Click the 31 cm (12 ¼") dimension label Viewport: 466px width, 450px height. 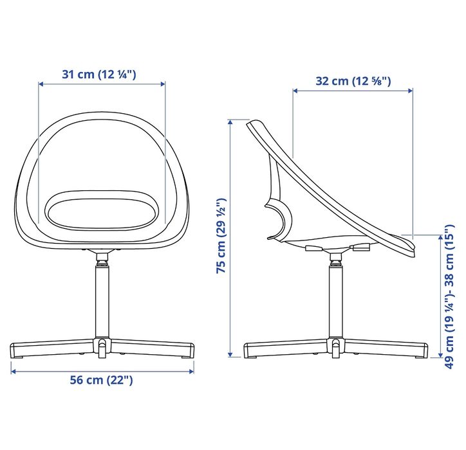pos(98,74)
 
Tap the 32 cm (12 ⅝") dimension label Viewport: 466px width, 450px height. pos(353,81)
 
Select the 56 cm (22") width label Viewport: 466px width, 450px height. pos(101,380)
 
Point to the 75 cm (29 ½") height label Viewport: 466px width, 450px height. pos(221,235)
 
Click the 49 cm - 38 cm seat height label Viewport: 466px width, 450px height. pos(449,296)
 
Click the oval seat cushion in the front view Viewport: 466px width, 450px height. pos(102,210)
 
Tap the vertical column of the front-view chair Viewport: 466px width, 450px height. pos(102,301)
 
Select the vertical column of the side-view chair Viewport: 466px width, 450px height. pos(336,301)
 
